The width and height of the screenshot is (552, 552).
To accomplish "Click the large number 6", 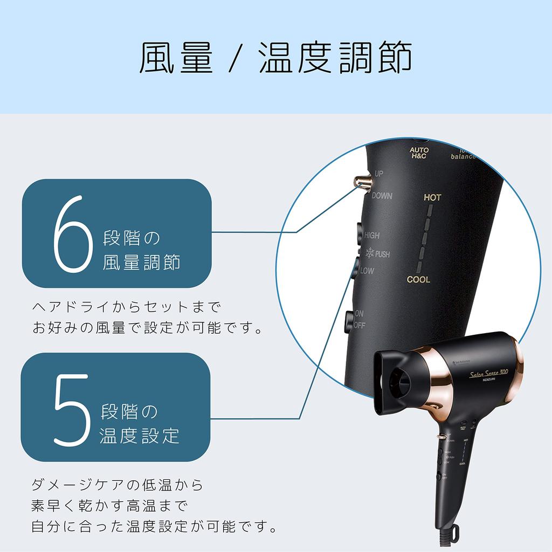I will coord(70,233).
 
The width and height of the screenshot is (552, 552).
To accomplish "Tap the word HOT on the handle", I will coord(432,198).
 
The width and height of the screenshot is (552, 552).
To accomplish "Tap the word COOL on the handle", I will coord(418,280).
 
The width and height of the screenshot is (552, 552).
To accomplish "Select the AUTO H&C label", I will coord(418,153).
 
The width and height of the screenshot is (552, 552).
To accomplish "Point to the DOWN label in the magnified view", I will coord(382,196).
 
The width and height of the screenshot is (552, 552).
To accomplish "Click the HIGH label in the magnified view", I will coord(371,236).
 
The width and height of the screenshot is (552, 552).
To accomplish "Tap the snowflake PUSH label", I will coord(377,253).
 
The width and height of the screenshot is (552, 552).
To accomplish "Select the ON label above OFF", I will coord(359,314).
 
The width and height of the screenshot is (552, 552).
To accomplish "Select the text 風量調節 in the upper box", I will coord(141,263).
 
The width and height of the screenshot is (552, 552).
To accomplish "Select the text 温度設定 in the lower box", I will coord(140,436).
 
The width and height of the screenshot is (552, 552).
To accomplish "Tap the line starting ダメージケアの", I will coord(118,485).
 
